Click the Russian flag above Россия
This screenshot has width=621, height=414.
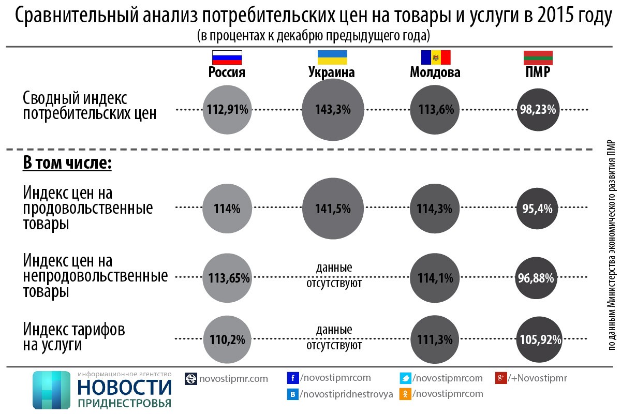point(227,57)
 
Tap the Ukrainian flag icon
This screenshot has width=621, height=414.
point(332,57)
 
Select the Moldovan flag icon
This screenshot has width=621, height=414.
point(435,57)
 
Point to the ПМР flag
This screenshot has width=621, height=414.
point(538,57)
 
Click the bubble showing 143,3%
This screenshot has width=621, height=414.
point(333,110)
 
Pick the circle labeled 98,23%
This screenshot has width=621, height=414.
point(538,110)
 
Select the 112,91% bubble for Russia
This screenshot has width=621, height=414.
point(228,110)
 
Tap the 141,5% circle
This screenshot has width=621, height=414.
point(333,209)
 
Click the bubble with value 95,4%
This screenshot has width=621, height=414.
point(538,209)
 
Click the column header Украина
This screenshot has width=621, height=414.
point(332,72)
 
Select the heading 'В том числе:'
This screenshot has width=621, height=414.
point(67,163)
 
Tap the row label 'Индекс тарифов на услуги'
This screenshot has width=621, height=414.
point(75,337)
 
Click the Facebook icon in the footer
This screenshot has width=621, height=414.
point(293,378)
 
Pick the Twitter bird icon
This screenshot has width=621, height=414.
point(406,378)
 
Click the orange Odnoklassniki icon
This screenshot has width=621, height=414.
point(406,394)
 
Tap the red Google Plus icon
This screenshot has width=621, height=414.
point(500,378)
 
